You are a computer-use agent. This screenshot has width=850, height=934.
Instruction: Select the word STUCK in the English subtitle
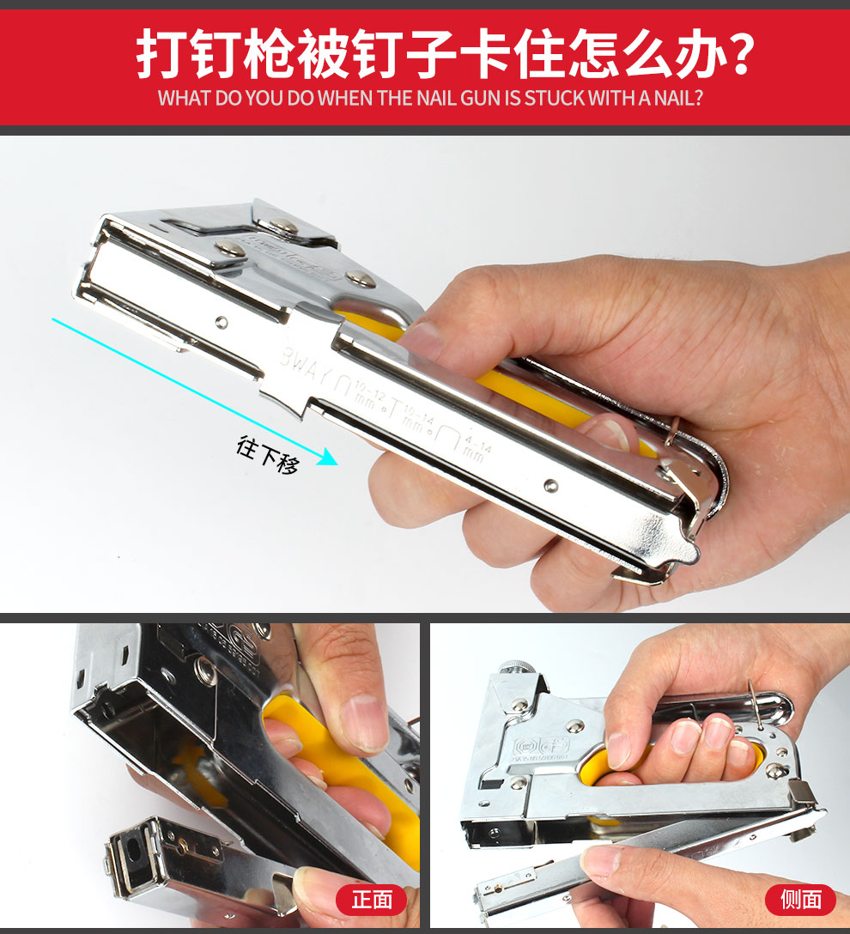(555, 97)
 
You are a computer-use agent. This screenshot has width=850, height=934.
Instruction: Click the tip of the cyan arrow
(336, 464)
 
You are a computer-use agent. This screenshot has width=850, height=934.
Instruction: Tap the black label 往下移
(268, 455)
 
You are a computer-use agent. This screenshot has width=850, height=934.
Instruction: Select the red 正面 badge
(371, 899)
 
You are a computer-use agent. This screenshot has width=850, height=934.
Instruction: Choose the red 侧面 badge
(799, 899)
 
